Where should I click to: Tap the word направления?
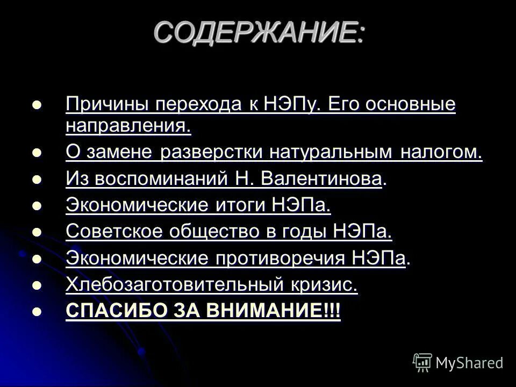click(128, 127)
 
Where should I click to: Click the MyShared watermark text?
click(469, 363)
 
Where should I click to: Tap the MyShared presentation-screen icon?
click(422, 363)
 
